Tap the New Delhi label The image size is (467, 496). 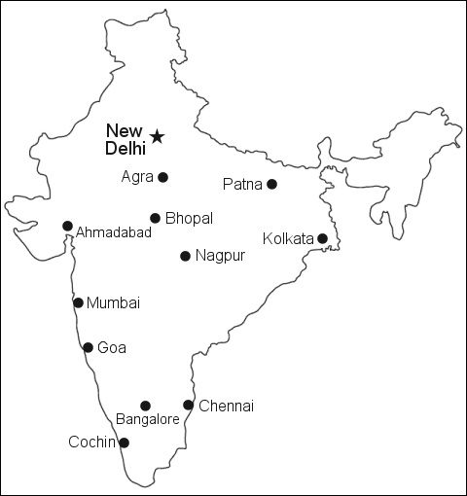(x=126, y=139)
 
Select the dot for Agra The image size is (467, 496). (x=162, y=177)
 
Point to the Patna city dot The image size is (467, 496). (x=271, y=184)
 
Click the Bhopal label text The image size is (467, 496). (x=189, y=218)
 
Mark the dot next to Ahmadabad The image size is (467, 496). (x=67, y=226)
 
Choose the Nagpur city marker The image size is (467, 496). (x=185, y=256)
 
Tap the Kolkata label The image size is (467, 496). (x=288, y=238)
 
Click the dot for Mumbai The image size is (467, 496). (x=78, y=302)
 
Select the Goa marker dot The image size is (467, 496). (x=88, y=347)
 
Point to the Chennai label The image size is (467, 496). (x=226, y=406)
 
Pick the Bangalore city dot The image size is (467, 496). (x=145, y=406)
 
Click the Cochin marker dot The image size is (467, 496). (x=124, y=443)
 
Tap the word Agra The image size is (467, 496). (x=138, y=177)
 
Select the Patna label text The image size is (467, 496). (x=242, y=184)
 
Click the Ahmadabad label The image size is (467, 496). (x=113, y=232)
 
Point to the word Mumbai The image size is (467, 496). (x=113, y=303)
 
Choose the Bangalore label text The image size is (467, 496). (x=147, y=420)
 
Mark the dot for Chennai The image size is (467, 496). (x=188, y=406)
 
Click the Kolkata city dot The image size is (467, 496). (x=322, y=238)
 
